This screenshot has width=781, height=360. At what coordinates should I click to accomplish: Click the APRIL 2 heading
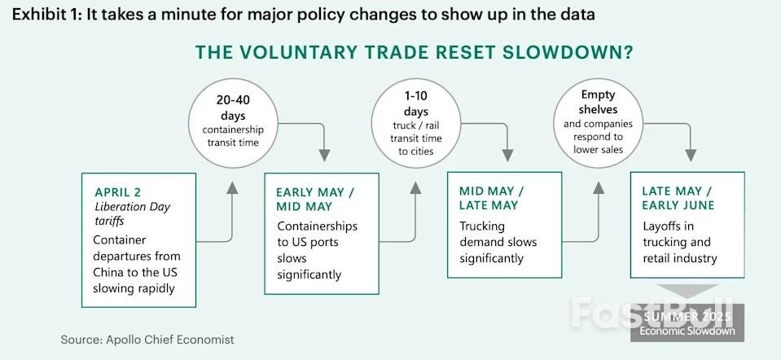118,193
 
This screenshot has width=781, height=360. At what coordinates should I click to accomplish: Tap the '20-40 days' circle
233,123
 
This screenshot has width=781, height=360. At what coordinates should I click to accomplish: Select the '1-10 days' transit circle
416,123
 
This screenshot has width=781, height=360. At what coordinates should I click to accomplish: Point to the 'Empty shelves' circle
599,123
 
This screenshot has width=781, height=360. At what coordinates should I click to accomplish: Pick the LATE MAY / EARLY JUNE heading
678,198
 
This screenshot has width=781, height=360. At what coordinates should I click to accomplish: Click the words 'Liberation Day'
133,207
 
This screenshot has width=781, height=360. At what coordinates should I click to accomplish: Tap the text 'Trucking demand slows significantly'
498,243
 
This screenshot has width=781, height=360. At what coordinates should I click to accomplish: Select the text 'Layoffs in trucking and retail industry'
680,243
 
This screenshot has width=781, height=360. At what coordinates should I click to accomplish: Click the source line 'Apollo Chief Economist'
170,340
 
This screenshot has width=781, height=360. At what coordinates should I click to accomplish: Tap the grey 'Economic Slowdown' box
687,323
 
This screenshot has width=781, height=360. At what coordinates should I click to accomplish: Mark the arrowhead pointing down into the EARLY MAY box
324,155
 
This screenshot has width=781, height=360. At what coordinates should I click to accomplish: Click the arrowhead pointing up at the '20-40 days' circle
231,187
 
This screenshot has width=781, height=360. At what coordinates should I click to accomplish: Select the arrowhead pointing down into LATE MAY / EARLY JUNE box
691,155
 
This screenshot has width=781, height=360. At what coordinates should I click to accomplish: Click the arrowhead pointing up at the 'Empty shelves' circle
599,187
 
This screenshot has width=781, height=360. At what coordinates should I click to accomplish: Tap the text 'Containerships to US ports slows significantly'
318,251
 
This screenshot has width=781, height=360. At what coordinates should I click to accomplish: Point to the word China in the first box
107,272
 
